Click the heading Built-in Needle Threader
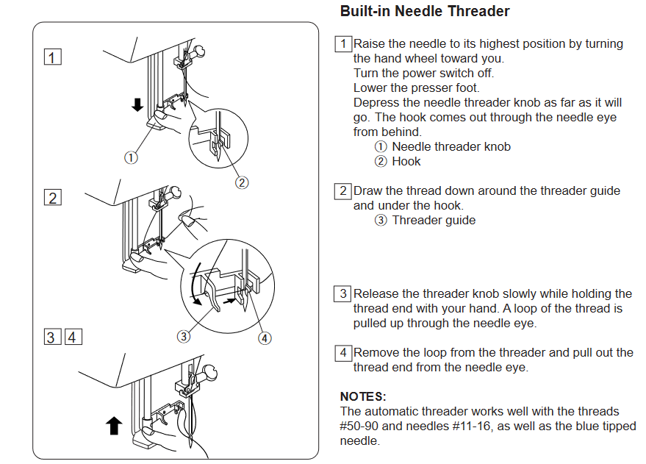(425, 12)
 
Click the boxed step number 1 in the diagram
(53, 57)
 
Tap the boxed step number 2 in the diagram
(53, 197)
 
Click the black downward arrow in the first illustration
(137, 105)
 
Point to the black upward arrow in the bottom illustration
(114, 425)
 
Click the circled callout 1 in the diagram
(131, 157)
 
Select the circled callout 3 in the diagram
(184, 338)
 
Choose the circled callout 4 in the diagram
(265, 338)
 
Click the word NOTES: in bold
(363, 396)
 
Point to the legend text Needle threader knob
(451, 146)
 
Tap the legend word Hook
(406, 161)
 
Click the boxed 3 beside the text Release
(343, 293)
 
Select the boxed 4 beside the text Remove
(343, 352)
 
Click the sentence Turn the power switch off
(423, 73)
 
